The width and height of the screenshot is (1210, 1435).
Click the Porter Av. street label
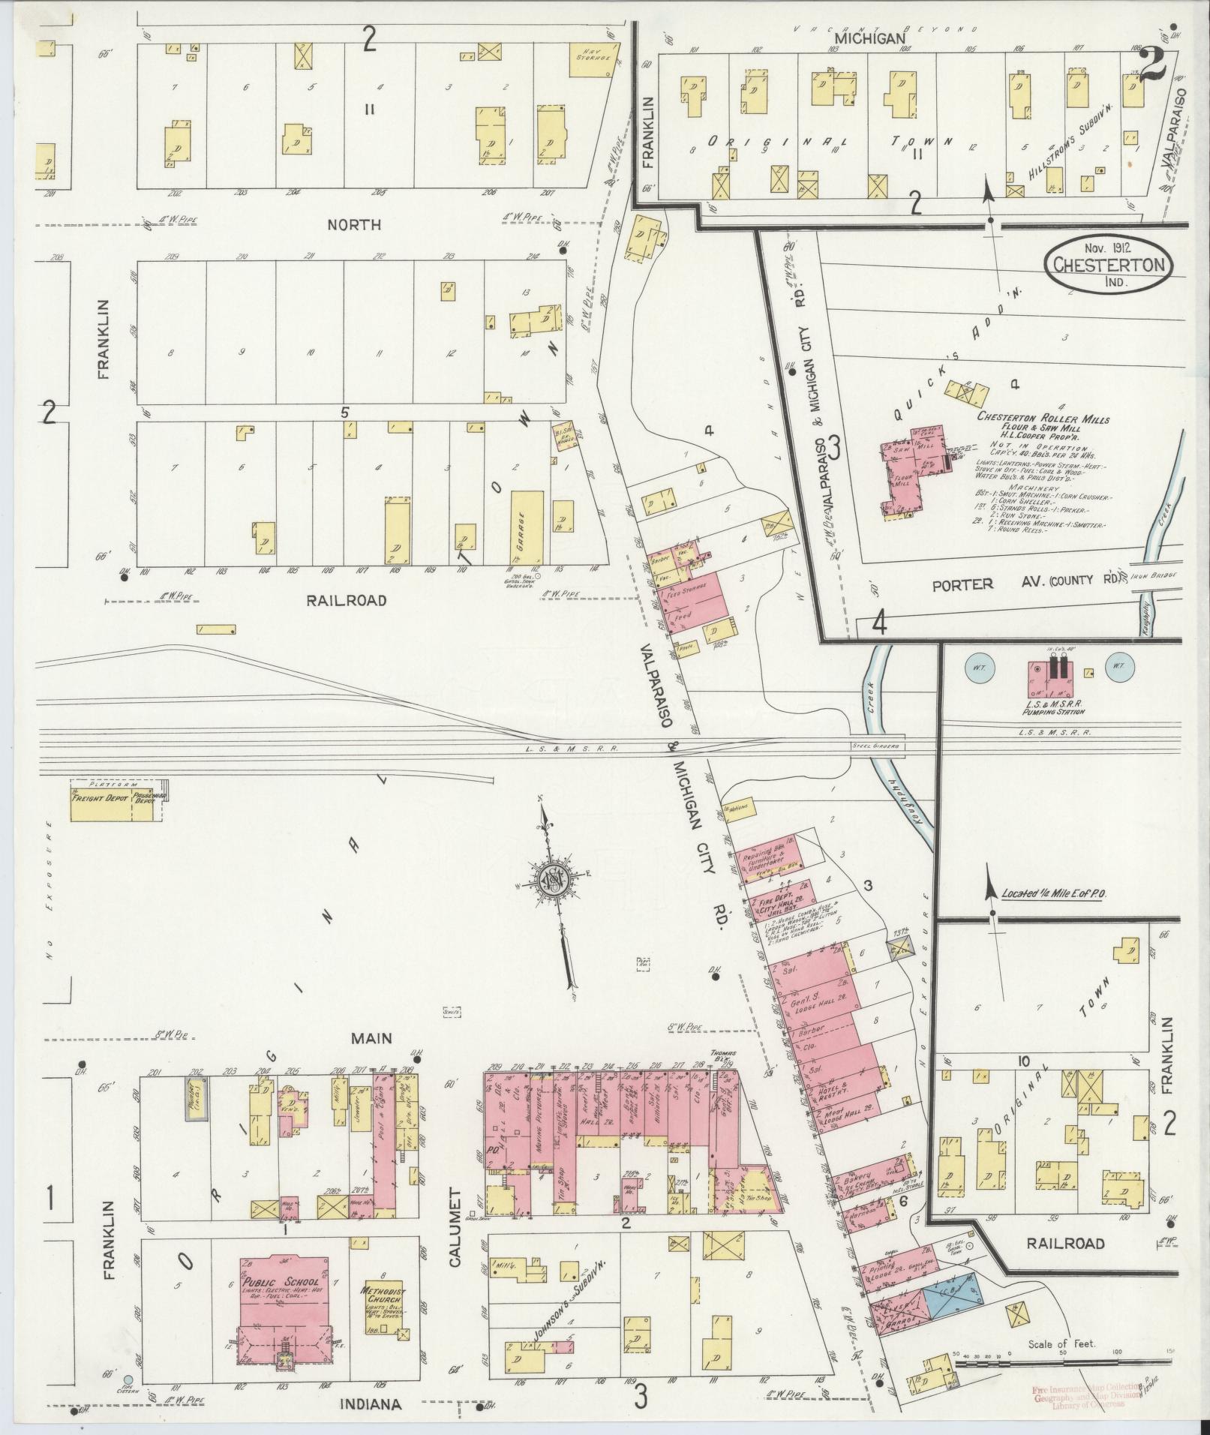point(962,584)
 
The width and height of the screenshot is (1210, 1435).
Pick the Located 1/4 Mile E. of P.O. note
point(1057,894)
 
